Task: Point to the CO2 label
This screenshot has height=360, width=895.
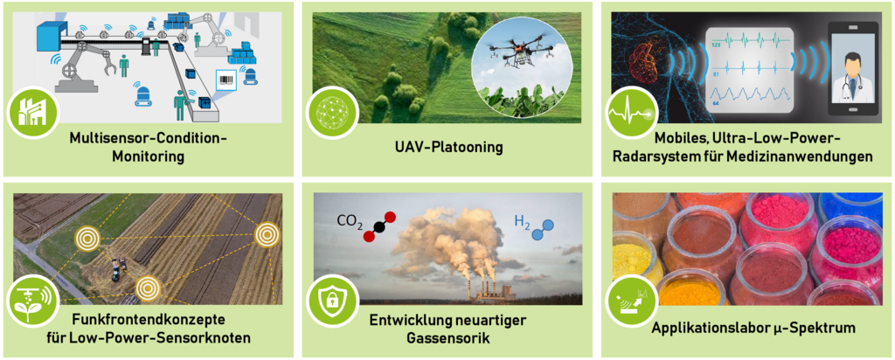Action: tap(350, 222)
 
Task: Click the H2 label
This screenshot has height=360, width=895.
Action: tap(522, 220)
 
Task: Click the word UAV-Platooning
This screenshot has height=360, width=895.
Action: tap(441, 148)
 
